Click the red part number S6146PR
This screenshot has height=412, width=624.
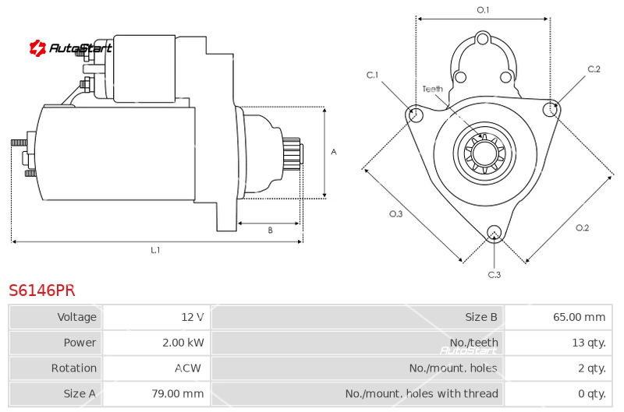click(42, 291)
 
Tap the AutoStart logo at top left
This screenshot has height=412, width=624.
click(70, 48)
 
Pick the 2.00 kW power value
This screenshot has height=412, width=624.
click(183, 343)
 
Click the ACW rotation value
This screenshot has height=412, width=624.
click(188, 368)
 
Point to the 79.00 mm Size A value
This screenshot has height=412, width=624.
click(178, 394)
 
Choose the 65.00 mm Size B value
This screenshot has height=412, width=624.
click(579, 317)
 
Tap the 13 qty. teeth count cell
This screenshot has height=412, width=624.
click(589, 343)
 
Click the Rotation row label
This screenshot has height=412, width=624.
click(74, 368)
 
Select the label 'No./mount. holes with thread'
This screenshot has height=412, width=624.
click(421, 394)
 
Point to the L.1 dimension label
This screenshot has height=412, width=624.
click(155, 250)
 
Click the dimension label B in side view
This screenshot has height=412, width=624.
click(270, 230)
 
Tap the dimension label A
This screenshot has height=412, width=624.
click(334, 152)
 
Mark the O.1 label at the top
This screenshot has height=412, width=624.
click(483, 9)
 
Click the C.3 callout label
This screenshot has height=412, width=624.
click(495, 274)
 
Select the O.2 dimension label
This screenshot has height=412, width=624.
click(582, 227)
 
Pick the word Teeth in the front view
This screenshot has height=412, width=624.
click(433, 89)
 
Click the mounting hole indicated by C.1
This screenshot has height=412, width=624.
click(416, 114)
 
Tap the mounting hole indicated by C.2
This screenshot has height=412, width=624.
click(551, 108)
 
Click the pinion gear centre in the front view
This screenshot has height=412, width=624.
click(484, 153)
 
